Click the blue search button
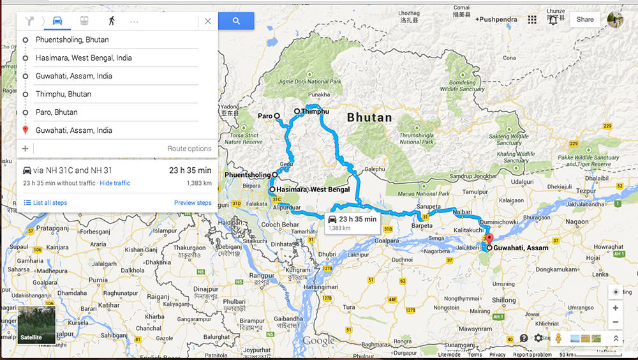click(x=236, y=21)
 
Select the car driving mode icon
click(x=57, y=21)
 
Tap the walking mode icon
click(x=112, y=21)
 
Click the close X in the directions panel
click(x=207, y=21)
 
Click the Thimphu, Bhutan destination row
click(x=63, y=94)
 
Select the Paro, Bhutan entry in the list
click(x=56, y=112)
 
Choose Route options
click(x=189, y=149)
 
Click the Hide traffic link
click(x=115, y=183)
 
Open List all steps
click(x=45, y=203)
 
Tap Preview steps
click(x=193, y=203)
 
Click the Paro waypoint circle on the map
click(x=278, y=116)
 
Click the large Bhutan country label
click(x=369, y=117)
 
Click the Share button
click(x=584, y=20)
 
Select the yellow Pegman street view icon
click(x=558, y=338)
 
